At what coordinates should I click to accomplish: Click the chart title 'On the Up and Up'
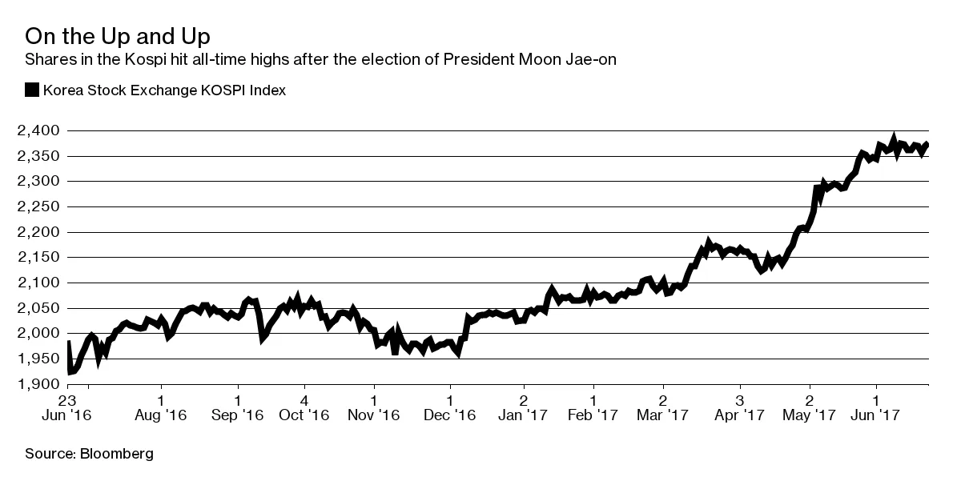pyautogui.click(x=119, y=37)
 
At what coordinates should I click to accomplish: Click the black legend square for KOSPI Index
pyautogui.click(x=32, y=90)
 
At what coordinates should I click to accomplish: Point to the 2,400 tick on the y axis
pyautogui.click(x=38, y=130)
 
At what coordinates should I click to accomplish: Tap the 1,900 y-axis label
pyautogui.click(x=38, y=384)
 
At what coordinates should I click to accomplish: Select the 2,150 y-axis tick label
pyautogui.click(x=38, y=257)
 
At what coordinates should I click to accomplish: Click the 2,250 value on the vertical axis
pyautogui.click(x=38, y=206)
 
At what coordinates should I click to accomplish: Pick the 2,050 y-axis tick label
pyautogui.click(x=38, y=308)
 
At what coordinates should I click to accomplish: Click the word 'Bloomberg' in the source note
pyautogui.click(x=116, y=454)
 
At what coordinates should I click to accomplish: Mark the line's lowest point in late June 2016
pyautogui.click(x=70, y=372)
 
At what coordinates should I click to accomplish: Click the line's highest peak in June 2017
pyautogui.click(x=893, y=138)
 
